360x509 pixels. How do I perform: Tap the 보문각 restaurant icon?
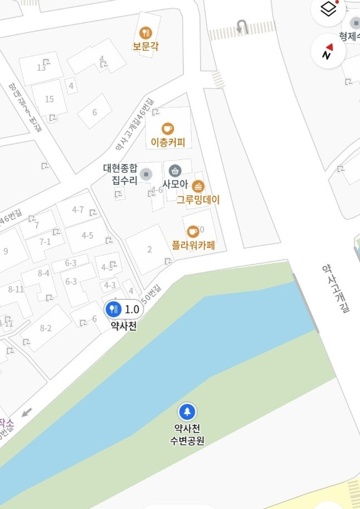(146, 33)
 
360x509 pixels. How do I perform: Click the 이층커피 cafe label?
(168, 143)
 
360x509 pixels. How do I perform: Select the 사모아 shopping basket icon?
(175, 171)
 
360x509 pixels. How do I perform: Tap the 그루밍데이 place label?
(198, 200)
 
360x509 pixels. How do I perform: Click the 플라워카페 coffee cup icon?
(193, 231)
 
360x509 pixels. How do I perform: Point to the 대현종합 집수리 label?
(120, 174)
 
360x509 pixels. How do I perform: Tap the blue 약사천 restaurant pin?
(114, 309)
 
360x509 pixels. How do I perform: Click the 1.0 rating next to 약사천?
(132, 309)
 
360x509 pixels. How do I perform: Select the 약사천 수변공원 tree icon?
(187, 412)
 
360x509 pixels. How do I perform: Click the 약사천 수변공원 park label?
(187, 435)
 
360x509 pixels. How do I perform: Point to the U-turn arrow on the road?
(241, 27)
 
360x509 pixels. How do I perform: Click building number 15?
(50, 99)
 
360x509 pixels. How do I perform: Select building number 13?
(41, 68)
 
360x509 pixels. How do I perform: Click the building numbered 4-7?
(78, 210)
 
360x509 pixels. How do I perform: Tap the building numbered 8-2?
(46, 328)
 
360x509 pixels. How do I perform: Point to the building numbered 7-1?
(45, 241)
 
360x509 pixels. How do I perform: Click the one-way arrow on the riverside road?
(26, 413)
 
